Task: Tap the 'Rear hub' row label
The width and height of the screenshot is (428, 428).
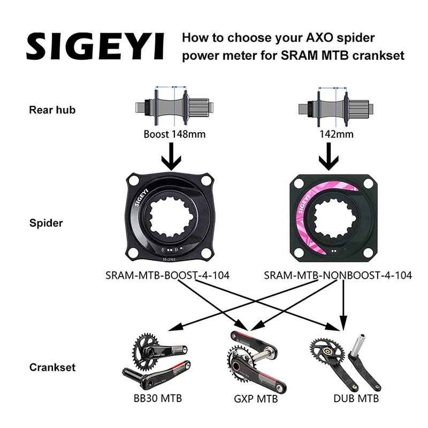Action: (x=52, y=111)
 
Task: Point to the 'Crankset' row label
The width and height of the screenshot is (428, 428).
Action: (x=52, y=368)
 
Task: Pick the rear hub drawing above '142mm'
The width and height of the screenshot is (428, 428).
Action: (x=335, y=105)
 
